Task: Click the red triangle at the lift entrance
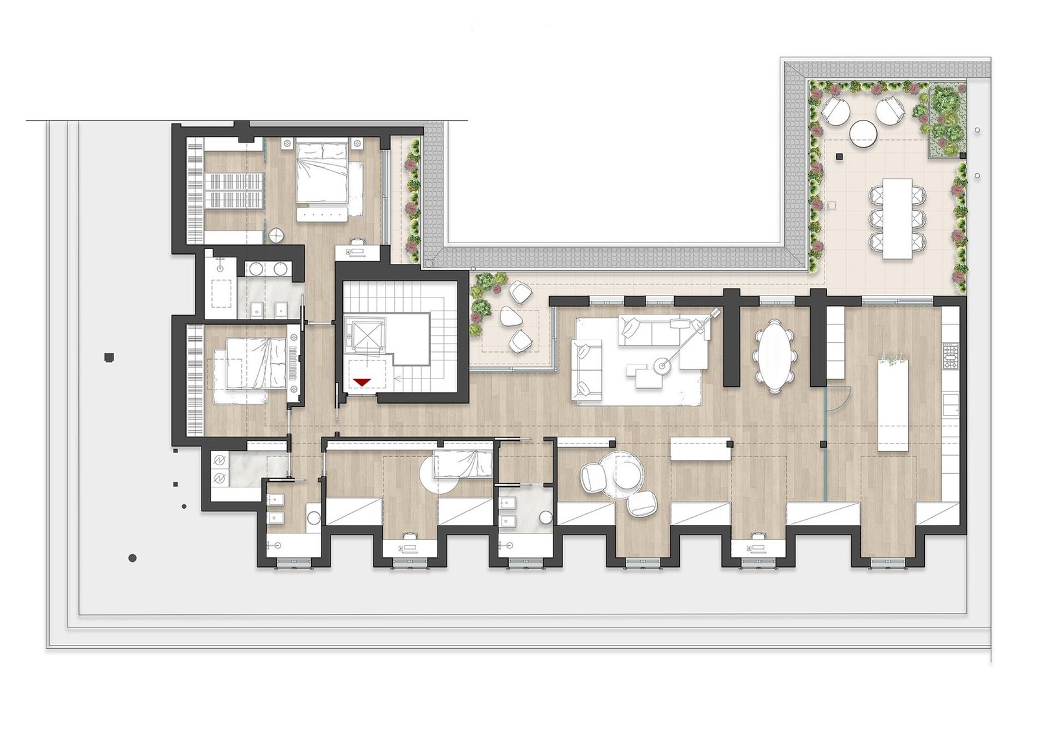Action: point(361,382)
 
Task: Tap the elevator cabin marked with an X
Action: point(365,334)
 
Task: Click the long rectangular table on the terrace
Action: point(897,218)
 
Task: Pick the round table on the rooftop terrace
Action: point(863,134)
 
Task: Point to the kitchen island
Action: point(892,405)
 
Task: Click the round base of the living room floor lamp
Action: point(661,367)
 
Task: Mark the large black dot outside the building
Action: point(132,558)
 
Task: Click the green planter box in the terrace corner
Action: point(945,120)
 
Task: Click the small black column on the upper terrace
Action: point(839,156)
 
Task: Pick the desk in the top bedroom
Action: point(356,251)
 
